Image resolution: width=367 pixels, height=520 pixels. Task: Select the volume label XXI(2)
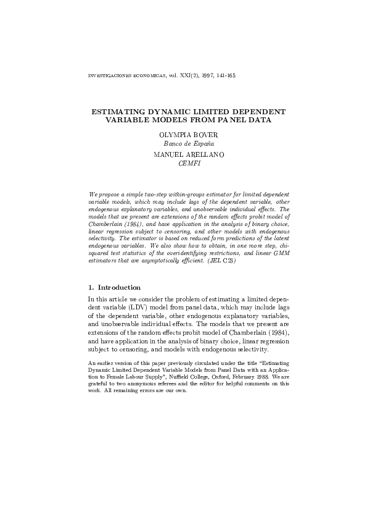click(181, 77)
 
